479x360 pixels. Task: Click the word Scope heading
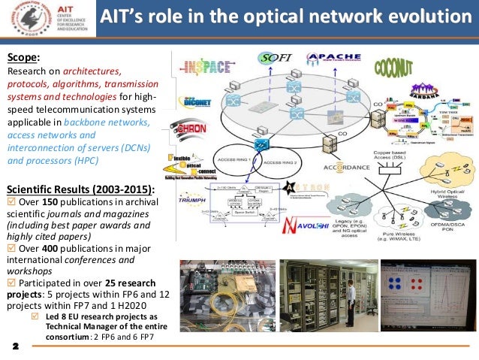pos(23,56)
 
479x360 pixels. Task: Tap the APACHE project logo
pos(326,57)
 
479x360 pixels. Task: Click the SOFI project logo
pos(274,57)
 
